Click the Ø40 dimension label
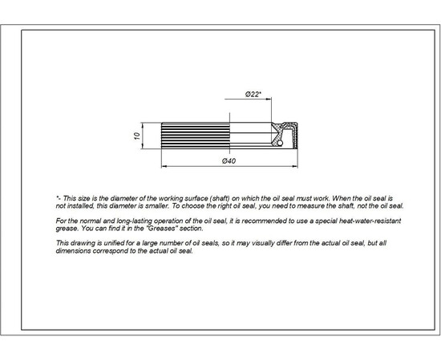(229, 161)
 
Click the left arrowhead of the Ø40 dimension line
(164, 166)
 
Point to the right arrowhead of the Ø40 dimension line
(294, 166)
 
